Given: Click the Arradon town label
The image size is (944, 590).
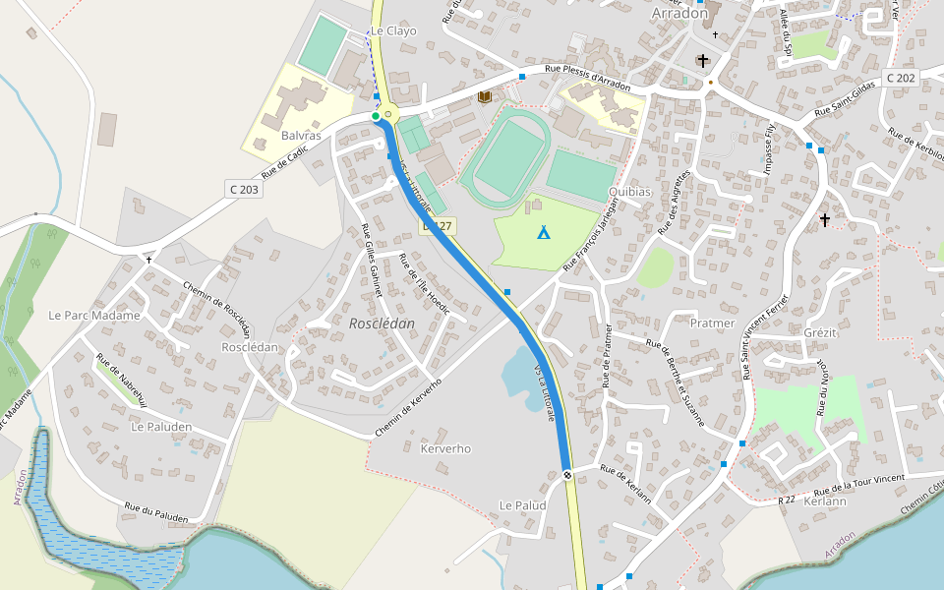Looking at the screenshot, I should click(x=679, y=14).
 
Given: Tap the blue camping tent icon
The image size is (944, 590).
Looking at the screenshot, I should click(x=543, y=232).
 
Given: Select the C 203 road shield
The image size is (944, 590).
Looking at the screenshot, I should click(x=245, y=189).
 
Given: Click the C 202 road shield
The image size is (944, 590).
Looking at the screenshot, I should click(x=900, y=78).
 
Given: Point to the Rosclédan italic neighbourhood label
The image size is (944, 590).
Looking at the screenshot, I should click(x=382, y=323).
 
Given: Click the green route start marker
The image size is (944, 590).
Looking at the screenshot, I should click(x=376, y=116).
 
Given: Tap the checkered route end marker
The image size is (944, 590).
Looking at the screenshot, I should click(x=567, y=476).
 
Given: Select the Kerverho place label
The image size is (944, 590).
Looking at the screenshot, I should click(x=445, y=448).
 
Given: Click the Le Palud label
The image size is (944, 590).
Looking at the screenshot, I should click(x=522, y=504).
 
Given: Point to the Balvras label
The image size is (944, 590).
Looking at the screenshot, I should click(x=301, y=135).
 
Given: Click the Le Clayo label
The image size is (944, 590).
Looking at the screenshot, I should click(x=393, y=30).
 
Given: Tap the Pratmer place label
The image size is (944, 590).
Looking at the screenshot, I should click(x=712, y=323).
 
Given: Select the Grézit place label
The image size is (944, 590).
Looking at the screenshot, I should click(x=820, y=332).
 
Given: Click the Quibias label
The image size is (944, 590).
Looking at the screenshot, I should click(x=629, y=192).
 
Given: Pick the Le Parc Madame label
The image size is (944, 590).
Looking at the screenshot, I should click(x=94, y=316).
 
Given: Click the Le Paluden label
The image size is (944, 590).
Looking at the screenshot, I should click(x=161, y=428).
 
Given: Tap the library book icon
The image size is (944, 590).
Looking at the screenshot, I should click(x=484, y=96).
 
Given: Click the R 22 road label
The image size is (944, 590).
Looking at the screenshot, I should click(x=786, y=501).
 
